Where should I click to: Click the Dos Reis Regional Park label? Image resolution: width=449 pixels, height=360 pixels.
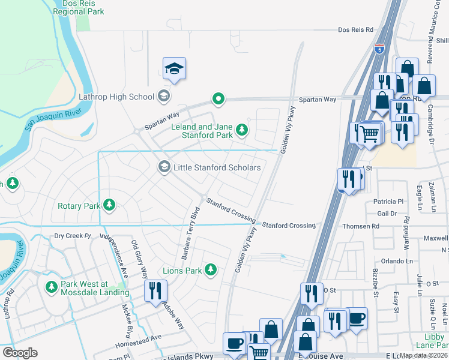(78, 7)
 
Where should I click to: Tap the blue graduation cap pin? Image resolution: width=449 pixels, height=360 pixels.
(174, 70)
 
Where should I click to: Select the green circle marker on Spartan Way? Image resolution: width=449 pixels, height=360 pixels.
(219, 99)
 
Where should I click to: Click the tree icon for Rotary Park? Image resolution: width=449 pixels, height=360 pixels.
(109, 206)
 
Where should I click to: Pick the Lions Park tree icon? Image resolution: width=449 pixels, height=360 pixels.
(210, 271)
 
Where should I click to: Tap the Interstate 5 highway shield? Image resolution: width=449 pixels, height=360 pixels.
(379, 49)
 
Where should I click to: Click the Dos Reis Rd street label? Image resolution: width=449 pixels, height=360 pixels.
(355, 29)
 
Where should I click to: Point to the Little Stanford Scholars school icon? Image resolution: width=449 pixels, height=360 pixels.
(164, 167)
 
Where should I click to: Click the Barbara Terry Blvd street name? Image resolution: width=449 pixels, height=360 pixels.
(188, 235)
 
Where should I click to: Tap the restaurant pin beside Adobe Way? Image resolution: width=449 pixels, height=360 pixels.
(155, 292)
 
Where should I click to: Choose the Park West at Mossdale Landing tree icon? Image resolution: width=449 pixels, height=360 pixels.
(51, 288)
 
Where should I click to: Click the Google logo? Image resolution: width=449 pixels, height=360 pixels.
(20, 353)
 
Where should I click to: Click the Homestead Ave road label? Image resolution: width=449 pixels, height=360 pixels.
(140, 337)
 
